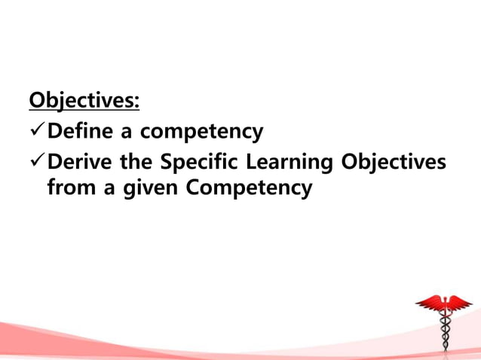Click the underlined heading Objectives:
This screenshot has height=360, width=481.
pyautogui.click(x=84, y=101)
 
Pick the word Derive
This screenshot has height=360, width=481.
pyautogui.click(x=78, y=163)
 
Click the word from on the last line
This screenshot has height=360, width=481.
pyautogui.click(x=70, y=188)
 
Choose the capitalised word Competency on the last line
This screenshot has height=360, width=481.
pyautogui.click(x=248, y=188)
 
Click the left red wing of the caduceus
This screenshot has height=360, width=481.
pyautogui.click(x=429, y=304)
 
